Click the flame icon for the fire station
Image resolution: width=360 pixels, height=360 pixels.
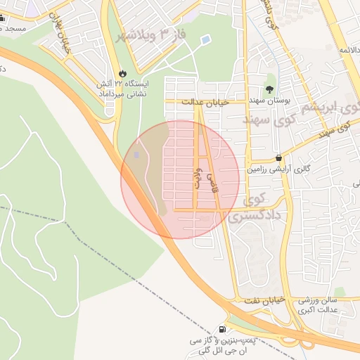pyautogui.click(x=123, y=72)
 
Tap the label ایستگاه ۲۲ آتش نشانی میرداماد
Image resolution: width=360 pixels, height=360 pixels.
pyautogui.click(x=123, y=88)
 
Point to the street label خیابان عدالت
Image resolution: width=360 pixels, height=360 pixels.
pyautogui.click(x=205, y=103)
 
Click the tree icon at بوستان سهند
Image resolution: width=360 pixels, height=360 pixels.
pyautogui.click(x=269, y=89)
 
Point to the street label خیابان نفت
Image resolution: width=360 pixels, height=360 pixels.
pyautogui.click(x=265, y=300)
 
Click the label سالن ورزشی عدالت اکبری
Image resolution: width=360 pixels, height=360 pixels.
pyautogui.click(x=319, y=304)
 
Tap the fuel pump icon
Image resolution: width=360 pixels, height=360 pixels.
pyautogui.click(x=223, y=329)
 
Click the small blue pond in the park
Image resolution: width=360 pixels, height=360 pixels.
pyautogui.click(x=205, y=40)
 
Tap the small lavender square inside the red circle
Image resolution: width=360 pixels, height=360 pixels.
pyautogui.click(x=136, y=154)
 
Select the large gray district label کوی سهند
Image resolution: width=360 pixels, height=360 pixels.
pyautogui.click(x=271, y=120)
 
